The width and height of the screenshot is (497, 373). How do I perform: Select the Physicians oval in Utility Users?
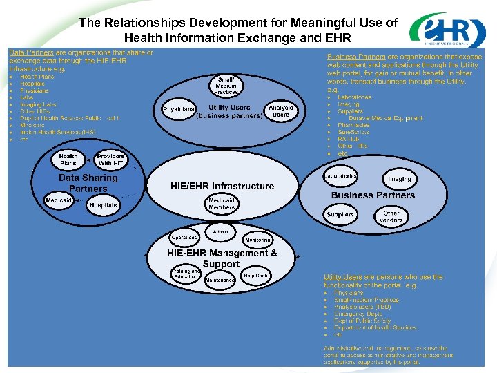pyautogui.click(x=179, y=111)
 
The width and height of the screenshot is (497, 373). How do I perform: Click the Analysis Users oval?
pyautogui.click(x=281, y=111)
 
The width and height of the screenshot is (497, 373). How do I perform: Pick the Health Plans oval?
pyautogui.click(x=68, y=160)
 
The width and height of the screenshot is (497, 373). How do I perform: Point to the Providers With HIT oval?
pyautogui.click(x=110, y=160)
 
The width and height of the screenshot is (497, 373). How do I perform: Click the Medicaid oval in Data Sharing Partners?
pyautogui.click(x=59, y=200)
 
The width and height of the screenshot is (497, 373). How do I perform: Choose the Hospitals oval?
pyautogui.click(x=103, y=205)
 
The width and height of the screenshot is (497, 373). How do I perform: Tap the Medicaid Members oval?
pyautogui.click(x=222, y=204)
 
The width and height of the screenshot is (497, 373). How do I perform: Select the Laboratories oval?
pyautogui.click(x=340, y=177)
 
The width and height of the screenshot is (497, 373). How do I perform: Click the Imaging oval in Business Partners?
pyautogui.click(x=399, y=179)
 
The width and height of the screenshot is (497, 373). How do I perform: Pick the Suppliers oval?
pyautogui.click(x=340, y=215)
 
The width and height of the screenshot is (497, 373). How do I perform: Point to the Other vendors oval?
pyautogui.click(x=391, y=217)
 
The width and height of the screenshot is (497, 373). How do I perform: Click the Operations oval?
pyautogui.click(x=184, y=238)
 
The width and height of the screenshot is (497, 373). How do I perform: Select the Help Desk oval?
pyautogui.click(x=255, y=276)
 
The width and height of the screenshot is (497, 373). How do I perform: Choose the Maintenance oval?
pyautogui.click(x=220, y=280)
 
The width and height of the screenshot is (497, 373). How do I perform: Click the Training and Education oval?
pyautogui.click(x=186, y=274)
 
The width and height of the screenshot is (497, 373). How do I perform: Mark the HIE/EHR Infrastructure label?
pyautogui.click(x=222, y=186)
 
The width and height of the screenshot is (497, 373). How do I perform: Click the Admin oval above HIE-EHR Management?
pyautogui.click(x=221, y=231)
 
